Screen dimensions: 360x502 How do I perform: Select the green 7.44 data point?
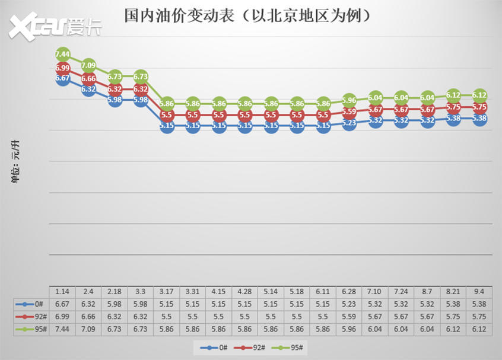pyautogui.click(x=63, y=54)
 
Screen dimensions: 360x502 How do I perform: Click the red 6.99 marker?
pyautogui.click(x=63, y=69)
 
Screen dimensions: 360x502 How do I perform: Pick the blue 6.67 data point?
pyautogui.click(x=63, y=78)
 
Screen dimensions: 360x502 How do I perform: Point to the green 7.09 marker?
pyautogui.click(x=88, y=65)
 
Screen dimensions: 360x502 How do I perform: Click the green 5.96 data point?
pyautogui.click(x=349, y=100)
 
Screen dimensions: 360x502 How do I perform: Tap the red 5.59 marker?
pyautogui.click(x=349, y=111)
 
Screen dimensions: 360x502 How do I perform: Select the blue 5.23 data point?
pyautogui.click(x=349, y=123)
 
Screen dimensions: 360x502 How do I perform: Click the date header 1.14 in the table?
pyautogui.click(x=62, y=292)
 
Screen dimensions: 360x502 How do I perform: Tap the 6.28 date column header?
pyautogui.click(x=349, y=292)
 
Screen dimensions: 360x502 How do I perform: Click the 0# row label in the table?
pyautogui.click(x=33, y=304)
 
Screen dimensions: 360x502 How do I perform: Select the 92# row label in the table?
pyautogui.click(x=33, y=317)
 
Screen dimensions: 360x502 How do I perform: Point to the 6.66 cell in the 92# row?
pyautogui.click(x=88, y=317)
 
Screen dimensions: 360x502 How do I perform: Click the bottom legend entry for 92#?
pyautogui.click(x=252, y=348)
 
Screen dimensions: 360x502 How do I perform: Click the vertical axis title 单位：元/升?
pyautogui.click(x=17, y=161)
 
